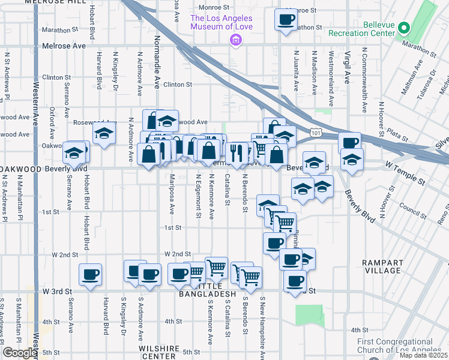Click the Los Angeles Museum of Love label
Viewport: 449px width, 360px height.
coord(221,22)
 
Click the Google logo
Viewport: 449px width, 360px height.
coord(20,353)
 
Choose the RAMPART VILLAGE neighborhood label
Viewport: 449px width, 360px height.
coord(386,266)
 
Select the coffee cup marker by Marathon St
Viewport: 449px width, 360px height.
coord(286,19)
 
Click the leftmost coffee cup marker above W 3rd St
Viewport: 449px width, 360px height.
coord(90,275)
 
